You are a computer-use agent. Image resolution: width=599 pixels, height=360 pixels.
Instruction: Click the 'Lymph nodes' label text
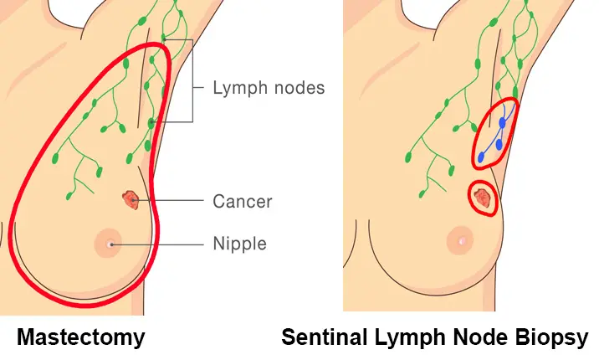(x=268, y=88)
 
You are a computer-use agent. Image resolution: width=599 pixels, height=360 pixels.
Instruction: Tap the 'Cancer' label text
(x=243, y=202)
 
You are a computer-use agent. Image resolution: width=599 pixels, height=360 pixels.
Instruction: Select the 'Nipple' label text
(x=239, y=244)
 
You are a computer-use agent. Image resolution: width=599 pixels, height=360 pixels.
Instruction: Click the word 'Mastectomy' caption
(x=81, y=337)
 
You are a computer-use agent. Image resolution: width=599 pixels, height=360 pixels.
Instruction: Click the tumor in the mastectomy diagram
(x=130, y=199)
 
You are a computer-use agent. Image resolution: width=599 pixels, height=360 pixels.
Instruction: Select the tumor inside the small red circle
(x=483, y=198)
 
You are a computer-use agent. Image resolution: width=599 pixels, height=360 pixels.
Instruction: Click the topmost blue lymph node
(x=502, y=123)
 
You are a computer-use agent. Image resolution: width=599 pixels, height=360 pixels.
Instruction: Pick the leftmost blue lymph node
(x=482, y=157)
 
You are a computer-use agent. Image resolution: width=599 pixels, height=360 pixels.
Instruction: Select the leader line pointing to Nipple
(x=159, y=244)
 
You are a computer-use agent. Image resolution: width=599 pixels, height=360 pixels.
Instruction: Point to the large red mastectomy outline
(x=33, y=167)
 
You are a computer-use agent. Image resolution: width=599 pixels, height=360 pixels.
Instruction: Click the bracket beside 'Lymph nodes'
(x=194, y=84)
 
